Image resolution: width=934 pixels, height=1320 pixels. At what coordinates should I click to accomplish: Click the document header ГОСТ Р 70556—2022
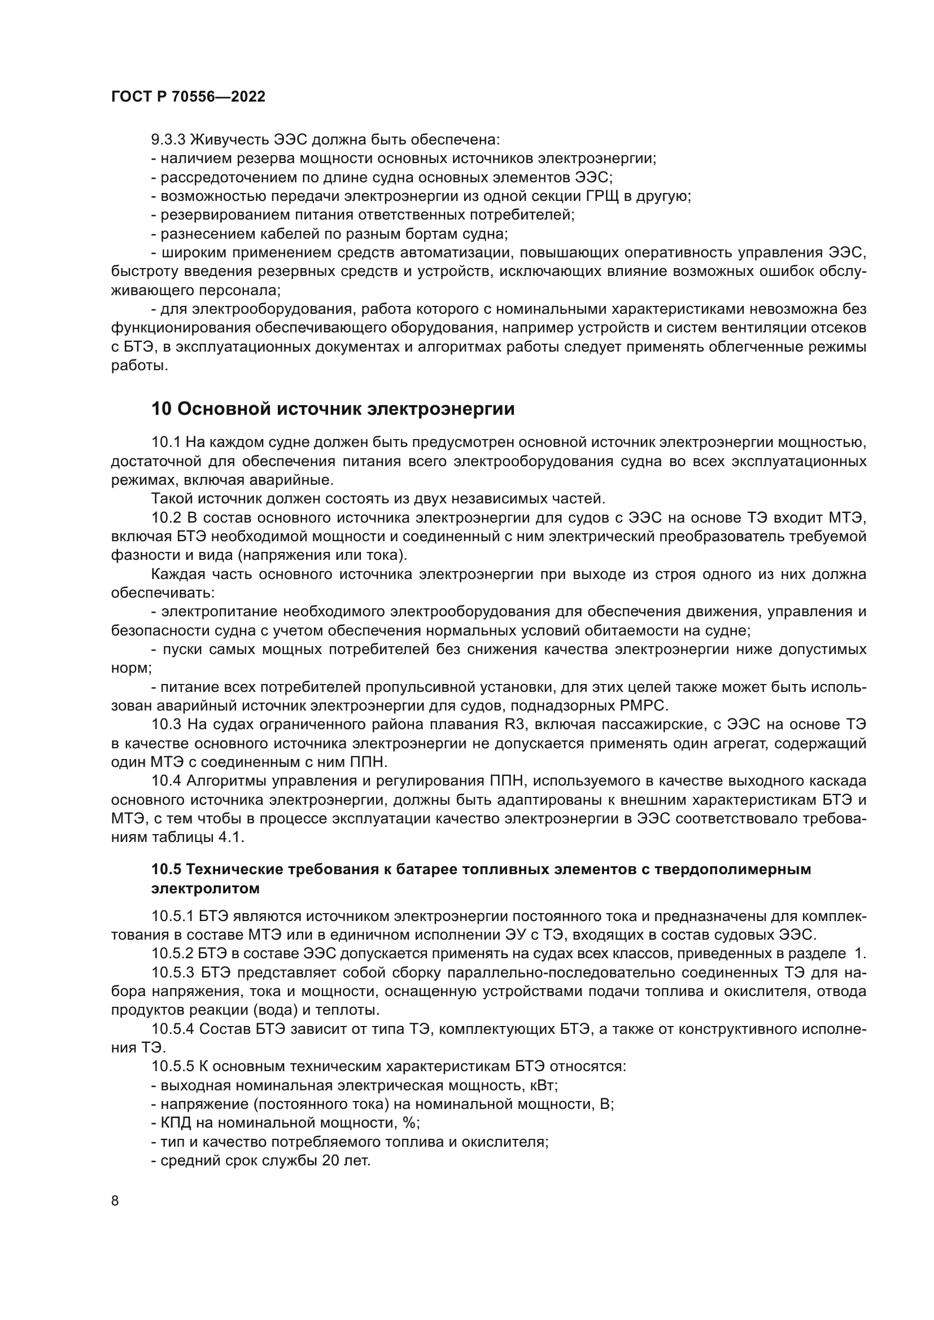(188, 97)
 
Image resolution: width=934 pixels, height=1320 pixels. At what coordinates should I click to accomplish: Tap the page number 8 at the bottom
(115, 1200)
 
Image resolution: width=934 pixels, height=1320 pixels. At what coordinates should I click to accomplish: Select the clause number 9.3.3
(168, 140)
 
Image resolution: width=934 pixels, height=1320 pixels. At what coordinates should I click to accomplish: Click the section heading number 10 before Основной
(162, 409)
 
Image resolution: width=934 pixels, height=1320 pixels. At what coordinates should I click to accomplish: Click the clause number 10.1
(166, 442)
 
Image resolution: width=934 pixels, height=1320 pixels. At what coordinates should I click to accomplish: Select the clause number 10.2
(166, 518)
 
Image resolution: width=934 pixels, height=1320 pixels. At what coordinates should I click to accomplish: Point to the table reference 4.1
(231, 837)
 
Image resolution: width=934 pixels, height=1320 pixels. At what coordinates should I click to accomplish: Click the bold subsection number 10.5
(166, 869)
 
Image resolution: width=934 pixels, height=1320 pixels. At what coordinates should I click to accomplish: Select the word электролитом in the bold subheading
(206, 888)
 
